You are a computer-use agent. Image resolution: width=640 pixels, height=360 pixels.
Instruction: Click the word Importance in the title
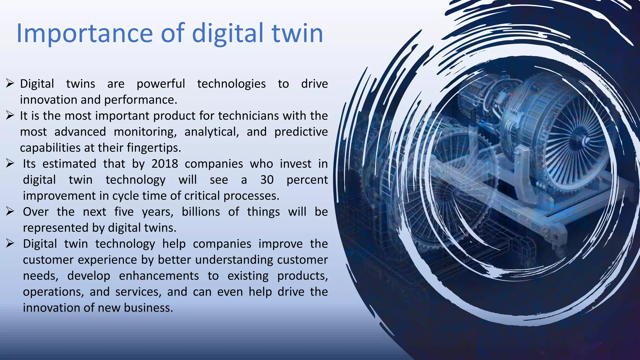(x=84, y=33)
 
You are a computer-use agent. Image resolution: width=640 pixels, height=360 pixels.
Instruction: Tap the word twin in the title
(x=297, y=33)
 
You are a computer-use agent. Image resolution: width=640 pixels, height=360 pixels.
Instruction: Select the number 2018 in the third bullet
(x=165, y=164)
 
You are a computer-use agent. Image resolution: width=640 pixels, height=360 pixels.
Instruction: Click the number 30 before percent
(x=267, y=180)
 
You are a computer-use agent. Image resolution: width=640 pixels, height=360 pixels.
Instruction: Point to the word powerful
(x=161, y=84)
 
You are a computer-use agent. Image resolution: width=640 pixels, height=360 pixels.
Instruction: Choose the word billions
(x=201, y=212)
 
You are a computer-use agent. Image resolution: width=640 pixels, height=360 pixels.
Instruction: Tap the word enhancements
(x=159, y=276)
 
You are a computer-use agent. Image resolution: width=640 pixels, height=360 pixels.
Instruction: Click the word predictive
(x=301, y=132)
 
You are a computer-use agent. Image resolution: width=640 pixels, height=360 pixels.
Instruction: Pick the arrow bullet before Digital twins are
(x=10, y=83)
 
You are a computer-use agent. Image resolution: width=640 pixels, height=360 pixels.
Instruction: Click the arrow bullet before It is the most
(x=10, y=116)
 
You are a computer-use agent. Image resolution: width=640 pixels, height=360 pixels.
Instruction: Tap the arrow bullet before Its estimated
(x=10, y=163)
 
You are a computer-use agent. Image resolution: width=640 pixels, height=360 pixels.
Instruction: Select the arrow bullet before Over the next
(x=10, y=212)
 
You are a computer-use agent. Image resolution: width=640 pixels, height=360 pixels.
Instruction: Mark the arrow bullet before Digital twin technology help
(x=10, y=243)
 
